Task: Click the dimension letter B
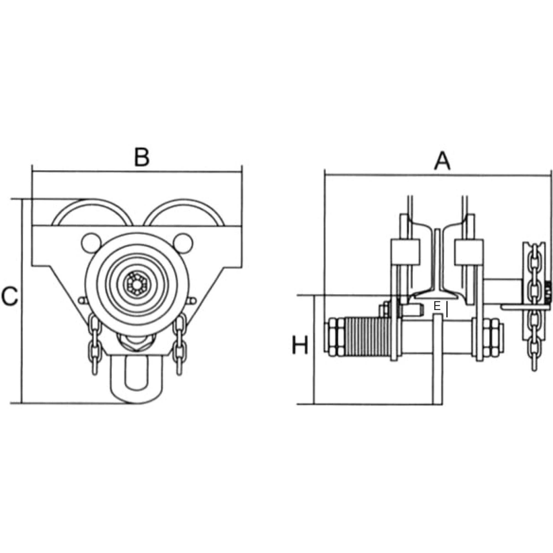(x=142, y=157)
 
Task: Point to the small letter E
(x=437, y=306)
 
